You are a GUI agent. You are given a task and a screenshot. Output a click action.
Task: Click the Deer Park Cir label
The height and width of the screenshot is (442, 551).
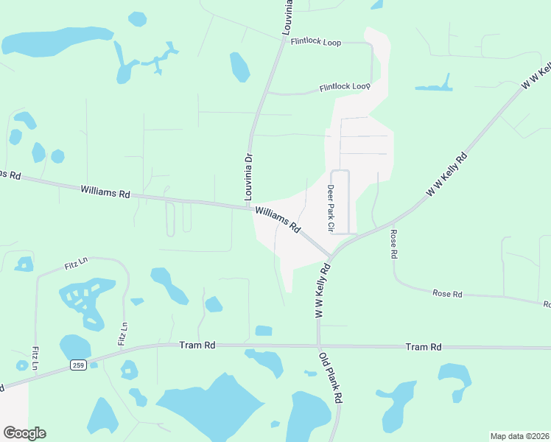pos(331,209)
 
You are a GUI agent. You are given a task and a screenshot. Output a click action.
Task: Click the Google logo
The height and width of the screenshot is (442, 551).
pos(24,433)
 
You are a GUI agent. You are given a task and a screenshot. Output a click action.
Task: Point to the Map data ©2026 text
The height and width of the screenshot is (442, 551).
pos(519,436)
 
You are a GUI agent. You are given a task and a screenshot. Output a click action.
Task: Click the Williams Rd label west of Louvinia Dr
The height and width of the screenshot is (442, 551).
pos(105,192)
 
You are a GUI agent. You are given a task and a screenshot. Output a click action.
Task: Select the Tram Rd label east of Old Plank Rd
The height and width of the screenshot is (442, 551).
pos(424,346)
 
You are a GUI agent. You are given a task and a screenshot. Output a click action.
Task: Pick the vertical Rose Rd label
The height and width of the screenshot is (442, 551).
pos(393,244)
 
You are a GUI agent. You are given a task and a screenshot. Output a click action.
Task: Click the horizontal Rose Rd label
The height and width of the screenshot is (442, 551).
pos(447,294)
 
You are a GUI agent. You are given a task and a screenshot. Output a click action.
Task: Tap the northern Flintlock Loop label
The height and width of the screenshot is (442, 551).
pos(316,43)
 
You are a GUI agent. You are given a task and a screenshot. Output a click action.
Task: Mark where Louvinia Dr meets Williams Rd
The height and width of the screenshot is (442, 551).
pos(249,207)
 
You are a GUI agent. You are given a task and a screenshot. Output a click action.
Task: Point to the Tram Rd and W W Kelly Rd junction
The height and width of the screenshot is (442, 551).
pos(319,345)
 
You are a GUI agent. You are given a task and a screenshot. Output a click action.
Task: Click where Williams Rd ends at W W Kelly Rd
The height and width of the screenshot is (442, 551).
pos(331,258)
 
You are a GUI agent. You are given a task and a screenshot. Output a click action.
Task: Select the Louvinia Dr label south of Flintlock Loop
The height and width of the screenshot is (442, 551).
pos(248,178)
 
